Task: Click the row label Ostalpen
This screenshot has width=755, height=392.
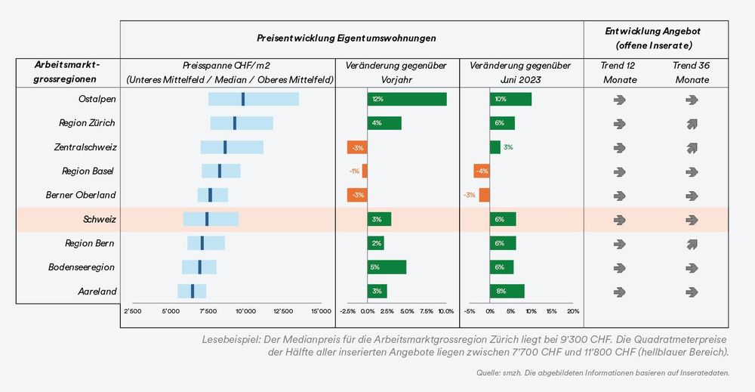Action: (97, 99)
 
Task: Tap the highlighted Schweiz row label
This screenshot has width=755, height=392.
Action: (100, 219)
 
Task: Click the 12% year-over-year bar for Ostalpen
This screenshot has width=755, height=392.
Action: (407, 99)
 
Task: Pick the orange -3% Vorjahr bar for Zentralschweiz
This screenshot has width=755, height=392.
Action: (357, 147)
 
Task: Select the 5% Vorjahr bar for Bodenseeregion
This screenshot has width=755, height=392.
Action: (387, 267)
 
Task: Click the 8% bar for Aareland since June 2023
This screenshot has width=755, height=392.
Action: (507, 291)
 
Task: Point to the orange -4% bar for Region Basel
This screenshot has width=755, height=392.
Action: (482, 171)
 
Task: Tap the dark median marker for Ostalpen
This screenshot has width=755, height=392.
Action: (243, 99)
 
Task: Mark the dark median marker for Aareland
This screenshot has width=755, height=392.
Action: (193, 291)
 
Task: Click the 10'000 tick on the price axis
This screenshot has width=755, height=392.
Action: (245, 310)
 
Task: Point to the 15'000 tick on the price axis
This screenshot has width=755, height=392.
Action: (321, 310)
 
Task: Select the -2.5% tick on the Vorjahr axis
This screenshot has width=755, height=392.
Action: (348, 310)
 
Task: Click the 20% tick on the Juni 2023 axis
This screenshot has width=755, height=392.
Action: (573, 310)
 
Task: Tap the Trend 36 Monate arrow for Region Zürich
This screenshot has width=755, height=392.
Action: (692, 123)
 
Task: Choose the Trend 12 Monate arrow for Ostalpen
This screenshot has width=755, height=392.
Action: (620, 99)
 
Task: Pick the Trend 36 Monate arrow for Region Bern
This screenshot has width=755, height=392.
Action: (692, 243)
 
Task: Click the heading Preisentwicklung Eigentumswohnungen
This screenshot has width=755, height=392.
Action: (346, 38)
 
